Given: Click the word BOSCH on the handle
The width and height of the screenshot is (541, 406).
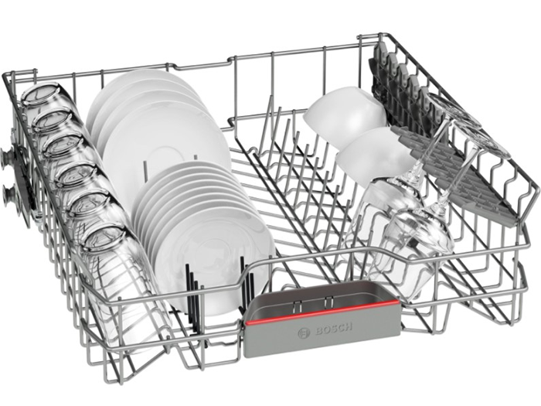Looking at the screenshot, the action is click(334, 329).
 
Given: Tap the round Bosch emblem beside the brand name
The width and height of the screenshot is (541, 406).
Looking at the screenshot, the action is click(304, 333).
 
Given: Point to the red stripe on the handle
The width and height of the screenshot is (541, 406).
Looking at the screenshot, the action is click(322, 312).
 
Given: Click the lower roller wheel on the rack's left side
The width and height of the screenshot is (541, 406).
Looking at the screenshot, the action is click(9, 196).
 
